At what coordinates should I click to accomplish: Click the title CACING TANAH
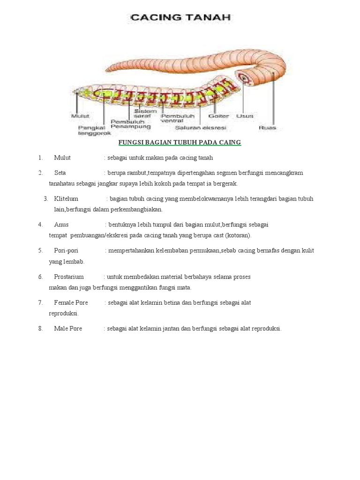(180, 18)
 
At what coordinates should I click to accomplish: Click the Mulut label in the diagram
(80, 116)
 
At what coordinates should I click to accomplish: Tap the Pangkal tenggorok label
(94, 130)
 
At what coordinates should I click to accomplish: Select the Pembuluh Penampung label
(130, 124)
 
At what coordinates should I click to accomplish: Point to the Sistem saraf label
(145, 113)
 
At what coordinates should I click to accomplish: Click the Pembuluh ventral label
(172, 118)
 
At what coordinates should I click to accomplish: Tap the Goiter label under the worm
(218, 116)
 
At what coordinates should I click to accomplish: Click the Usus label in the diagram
(245, 116)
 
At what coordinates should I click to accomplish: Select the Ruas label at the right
(267, 127)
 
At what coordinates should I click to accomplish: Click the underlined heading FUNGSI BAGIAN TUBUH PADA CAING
(180, 142)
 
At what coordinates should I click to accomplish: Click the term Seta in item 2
(60, 173)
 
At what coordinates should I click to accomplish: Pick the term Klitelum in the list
(66, 199)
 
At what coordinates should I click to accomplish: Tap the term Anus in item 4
(61, 225)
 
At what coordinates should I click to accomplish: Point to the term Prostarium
(69, 277)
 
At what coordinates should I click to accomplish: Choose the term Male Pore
(68, 329)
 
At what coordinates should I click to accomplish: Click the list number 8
(41, 329)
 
